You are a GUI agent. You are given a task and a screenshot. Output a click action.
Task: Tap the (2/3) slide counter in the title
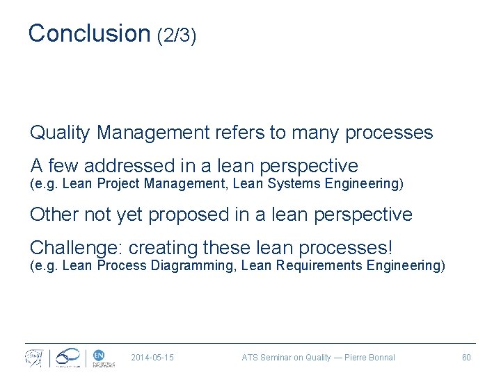pos(177,35)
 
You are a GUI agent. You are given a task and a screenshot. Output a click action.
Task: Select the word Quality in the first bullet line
pos(61,133)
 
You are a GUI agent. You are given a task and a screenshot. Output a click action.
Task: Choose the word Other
pos(53,215)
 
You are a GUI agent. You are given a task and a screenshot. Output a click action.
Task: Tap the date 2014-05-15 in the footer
pos(152,358)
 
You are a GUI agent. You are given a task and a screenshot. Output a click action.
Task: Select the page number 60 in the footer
pos(466,358)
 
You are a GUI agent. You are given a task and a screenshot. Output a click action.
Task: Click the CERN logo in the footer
pos(34,358)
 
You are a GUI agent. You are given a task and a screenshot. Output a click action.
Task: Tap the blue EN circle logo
pos(98,354)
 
